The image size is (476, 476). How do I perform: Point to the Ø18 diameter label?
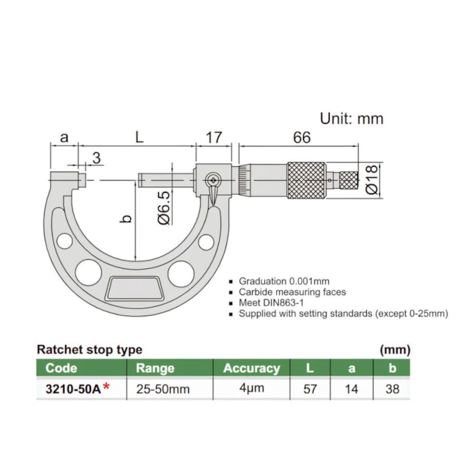[x=371, y=179]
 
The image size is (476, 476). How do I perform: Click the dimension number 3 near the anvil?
[x=97, y=158]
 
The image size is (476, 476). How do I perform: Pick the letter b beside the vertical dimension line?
[x=124, y=219]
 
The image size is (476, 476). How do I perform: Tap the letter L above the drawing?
[x=137, y=137]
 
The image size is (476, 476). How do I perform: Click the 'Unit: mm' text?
[x=352, y=118]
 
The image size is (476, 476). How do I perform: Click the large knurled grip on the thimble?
[x=306, y=179]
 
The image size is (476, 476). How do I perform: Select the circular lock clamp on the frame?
[x=213, y=178]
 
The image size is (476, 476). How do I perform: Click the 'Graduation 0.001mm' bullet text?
[x=284, y=281]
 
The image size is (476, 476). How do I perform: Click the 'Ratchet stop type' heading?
[x=89, y=350]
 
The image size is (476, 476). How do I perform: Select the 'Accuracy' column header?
[x=251, y=368]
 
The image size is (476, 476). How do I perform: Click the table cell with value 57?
[x=310, y=389]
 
